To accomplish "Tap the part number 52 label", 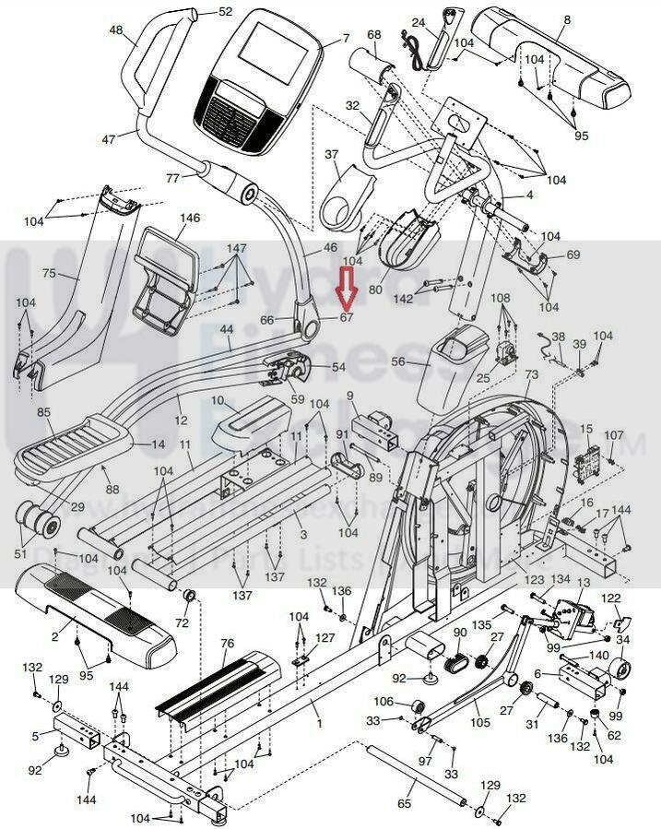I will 226,12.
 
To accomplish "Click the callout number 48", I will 116,30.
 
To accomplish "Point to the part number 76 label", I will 228,643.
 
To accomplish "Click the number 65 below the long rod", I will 405,804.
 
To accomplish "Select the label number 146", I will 190,219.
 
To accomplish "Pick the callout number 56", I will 398,362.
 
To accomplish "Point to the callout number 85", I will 43,412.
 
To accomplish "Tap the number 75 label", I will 50,273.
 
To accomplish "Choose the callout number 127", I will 325,638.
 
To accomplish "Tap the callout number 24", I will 418,22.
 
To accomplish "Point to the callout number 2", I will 55,635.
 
